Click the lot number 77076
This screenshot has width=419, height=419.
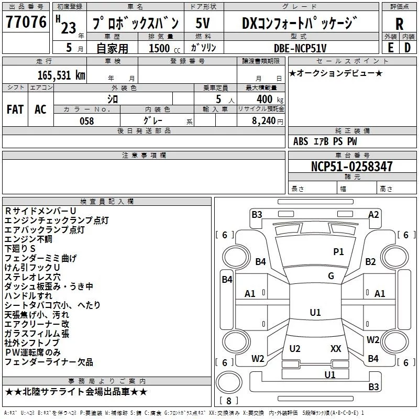[26, 22]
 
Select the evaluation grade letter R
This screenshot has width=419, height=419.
[400, 24]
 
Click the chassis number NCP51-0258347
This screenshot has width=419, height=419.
[351, 167]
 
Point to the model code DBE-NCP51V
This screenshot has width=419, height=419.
[300, 48]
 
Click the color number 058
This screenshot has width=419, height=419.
[86, 121]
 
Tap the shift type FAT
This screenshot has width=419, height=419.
[15, 109]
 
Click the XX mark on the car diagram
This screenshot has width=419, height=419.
[336, 348]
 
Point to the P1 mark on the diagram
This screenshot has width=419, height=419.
[338, 252]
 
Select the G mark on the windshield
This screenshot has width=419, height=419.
[331, 276]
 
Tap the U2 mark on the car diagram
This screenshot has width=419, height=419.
[295, 348]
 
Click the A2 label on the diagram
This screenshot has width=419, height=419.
[373, 214]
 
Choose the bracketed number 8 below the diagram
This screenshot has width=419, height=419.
[229, 401]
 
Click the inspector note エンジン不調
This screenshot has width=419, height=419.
[28, 239]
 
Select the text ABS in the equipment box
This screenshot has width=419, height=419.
[301, 141]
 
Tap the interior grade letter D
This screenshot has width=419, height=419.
[407, 47]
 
